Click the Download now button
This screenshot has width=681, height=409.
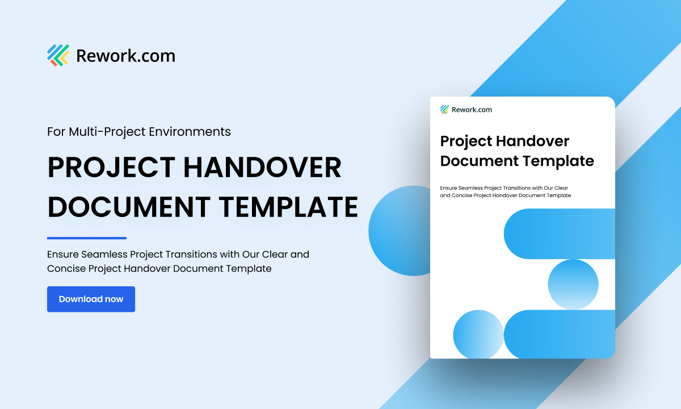pos(91,299)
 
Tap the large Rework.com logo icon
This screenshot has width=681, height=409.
pos(58,55)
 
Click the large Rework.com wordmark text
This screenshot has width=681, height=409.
pos(125,56)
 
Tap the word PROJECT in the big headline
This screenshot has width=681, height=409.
pos(111,168)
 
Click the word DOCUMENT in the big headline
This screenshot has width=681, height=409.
pos(133,207)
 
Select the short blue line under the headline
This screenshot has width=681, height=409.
pos(86,238)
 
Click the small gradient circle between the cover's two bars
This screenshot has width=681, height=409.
pos(573,284)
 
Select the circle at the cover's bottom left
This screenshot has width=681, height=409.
pos(478,334)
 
